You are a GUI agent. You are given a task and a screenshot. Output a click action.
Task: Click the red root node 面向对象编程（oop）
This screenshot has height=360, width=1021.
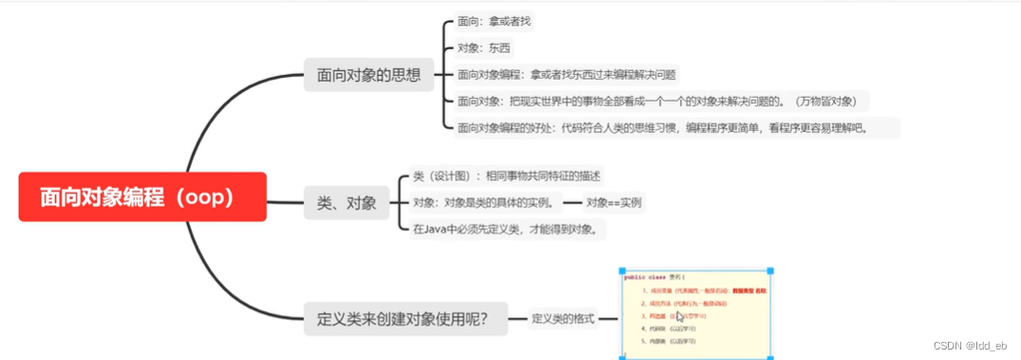tap(142, 197)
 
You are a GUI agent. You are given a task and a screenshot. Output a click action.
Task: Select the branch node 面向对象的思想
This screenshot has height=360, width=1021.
tap(369, 74)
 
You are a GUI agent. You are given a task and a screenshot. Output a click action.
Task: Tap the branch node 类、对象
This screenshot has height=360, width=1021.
tap(346, 201)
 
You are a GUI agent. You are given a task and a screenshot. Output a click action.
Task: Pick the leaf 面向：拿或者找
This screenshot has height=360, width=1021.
tap(495, 21)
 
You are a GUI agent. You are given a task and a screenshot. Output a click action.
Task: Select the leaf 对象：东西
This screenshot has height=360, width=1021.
tap(484, 47)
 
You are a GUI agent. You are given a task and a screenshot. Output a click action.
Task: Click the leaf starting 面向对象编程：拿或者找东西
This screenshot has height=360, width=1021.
tap(567, 74)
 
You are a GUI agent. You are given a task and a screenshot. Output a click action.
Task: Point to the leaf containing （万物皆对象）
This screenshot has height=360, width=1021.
tap(661, 101)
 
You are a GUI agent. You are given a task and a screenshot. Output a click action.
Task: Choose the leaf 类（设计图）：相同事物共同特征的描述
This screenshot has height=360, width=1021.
tap(506, 176)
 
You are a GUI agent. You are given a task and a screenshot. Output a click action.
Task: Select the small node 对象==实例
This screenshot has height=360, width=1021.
tap(613, 202)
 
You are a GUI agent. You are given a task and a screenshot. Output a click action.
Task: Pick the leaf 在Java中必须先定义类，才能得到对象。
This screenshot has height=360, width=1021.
tap(504, 229)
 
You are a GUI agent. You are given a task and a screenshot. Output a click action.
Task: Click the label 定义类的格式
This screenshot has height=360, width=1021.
tap(562, 319)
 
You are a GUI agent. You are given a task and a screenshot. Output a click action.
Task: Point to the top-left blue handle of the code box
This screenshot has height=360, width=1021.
tap(620, 272)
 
